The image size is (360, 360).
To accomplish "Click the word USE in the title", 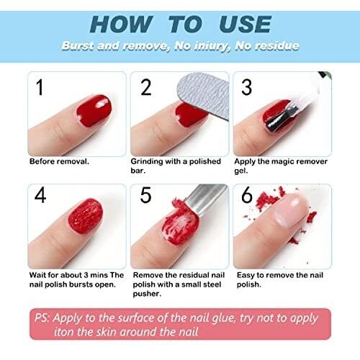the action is coord(246,24).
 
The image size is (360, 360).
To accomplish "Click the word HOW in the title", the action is coord(122,24).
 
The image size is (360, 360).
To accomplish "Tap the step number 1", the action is coord(40,87).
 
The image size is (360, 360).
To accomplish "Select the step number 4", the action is coord(40,195).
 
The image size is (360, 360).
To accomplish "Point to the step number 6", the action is coord(247,194).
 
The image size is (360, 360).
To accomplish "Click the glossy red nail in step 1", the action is coord(94,111).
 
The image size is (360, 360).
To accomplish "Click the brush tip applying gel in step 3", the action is coord(283,117).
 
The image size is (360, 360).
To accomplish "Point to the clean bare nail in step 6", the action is coord(290,210).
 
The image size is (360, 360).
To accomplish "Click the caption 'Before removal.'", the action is coord(59,161).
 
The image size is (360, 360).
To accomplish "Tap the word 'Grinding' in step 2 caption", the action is coord(147,162).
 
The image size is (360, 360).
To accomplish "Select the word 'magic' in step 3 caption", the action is coord(286,162).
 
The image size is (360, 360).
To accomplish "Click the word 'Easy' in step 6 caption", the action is coord(246,276).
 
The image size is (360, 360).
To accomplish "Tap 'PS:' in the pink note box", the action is coord(42,318).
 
